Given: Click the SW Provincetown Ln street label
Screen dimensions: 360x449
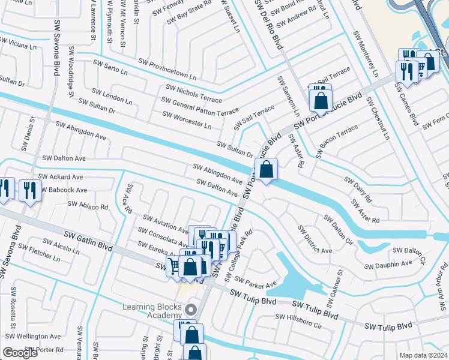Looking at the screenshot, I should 167,70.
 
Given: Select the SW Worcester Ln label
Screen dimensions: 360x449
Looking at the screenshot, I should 186,120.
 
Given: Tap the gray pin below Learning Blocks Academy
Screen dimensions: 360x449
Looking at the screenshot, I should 191,310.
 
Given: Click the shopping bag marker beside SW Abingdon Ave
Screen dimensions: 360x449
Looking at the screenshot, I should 266,169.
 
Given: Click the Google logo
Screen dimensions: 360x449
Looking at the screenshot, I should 20,353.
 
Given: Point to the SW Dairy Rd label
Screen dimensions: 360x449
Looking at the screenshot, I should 358,188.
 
